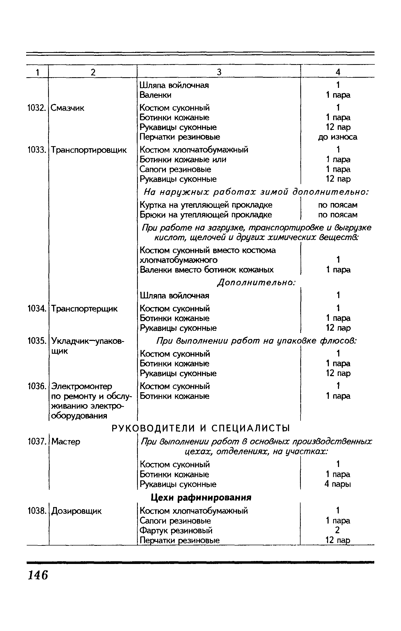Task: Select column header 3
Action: pos(219,72)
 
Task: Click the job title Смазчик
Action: pos(67,108)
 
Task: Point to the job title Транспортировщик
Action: pos(89,150)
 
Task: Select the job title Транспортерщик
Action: pos(84,309)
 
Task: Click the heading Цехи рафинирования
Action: pos(201,497)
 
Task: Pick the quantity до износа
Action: pos(337,137)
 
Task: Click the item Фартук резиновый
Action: pos(176,530)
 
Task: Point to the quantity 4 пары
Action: pos(337,484)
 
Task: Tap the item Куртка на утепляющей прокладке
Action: pos(206,205)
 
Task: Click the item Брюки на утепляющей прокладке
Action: pos(206,215)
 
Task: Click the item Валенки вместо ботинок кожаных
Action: pos(207,270)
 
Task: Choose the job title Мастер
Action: pos(66,442)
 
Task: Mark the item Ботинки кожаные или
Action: pos(183,159)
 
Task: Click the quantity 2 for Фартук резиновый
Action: pos(337,530)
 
